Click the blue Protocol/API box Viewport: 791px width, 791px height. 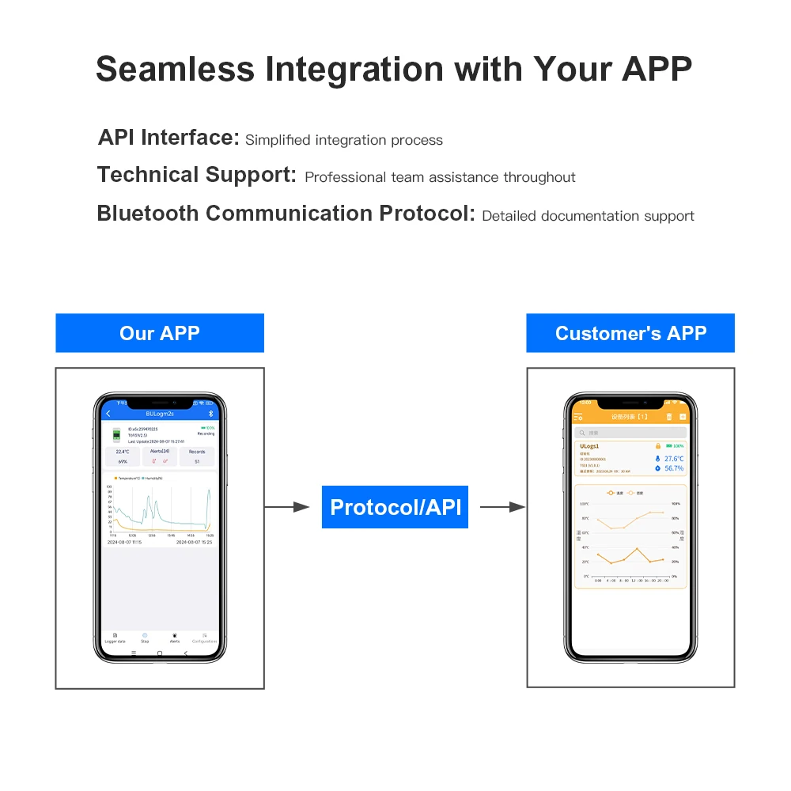[395, 507]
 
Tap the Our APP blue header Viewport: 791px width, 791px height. [159, 333]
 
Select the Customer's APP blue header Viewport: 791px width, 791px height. [630, 333]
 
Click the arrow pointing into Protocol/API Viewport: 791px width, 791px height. [286, 507]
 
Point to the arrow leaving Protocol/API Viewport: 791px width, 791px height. [503, 507]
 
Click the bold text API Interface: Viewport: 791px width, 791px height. [168, 138]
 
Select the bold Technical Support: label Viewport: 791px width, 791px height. [196, 175]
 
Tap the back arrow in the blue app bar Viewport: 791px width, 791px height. [108, 414]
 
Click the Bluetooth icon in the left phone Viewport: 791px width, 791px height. [210, 414]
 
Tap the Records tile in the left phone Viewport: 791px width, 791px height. [197, 456]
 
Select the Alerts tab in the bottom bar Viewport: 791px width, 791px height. [174, 638]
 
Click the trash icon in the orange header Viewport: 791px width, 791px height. [668, 416]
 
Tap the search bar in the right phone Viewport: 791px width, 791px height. [630, 433]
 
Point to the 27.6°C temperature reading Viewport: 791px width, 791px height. [673, 459]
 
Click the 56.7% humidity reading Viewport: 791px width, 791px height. [673, 468]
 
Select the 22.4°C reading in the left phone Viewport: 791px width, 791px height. [123, 452]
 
